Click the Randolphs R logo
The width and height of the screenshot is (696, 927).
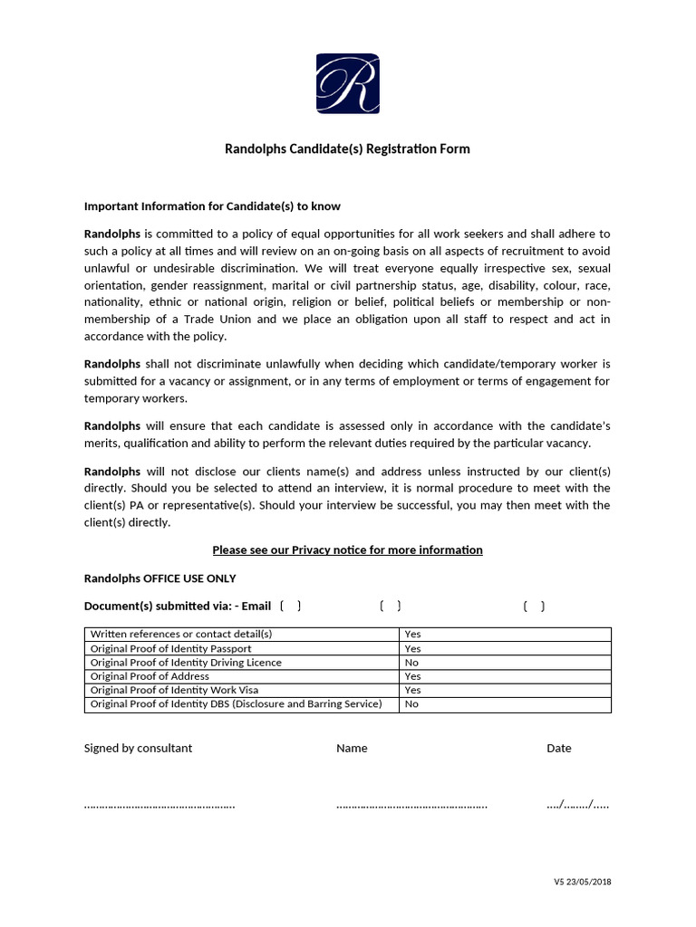click(x=347, y=84)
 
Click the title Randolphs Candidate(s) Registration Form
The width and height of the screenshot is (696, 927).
click(x=347, y=148)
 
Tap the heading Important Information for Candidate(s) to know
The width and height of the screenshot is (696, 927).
click(x=212, y=206)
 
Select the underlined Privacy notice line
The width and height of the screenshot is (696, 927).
click(x=347, y=550)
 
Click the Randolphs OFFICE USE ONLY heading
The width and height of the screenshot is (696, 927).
click(x=159, y=578)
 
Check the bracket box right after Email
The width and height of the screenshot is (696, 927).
click(x=291, y=607)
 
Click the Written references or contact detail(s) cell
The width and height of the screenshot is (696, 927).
click(x=181, y=634)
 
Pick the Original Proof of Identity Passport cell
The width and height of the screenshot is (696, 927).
click(x=171, y=648)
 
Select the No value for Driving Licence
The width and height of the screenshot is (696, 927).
click(x=411, y=663)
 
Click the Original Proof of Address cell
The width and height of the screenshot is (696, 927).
click(x=150, y=676)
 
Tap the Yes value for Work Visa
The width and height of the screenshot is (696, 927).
click(x=412, y=690)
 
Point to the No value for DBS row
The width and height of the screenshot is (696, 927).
click(x=411, y=704)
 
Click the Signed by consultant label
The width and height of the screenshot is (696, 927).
click(x=138, y=748)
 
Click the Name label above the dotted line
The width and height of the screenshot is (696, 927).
click(x=352, y=748)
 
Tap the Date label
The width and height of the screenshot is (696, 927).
click(x=558, y=748)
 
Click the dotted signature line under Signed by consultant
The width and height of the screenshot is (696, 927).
click(x=159, y=804)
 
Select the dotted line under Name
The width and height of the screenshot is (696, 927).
click(x=411, y=804)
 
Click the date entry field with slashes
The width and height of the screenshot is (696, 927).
click(x=577, y=804)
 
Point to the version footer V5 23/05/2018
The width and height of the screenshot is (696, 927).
click(x=583, y=882)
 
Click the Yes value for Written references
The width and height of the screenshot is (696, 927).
click(x=412, y=634)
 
